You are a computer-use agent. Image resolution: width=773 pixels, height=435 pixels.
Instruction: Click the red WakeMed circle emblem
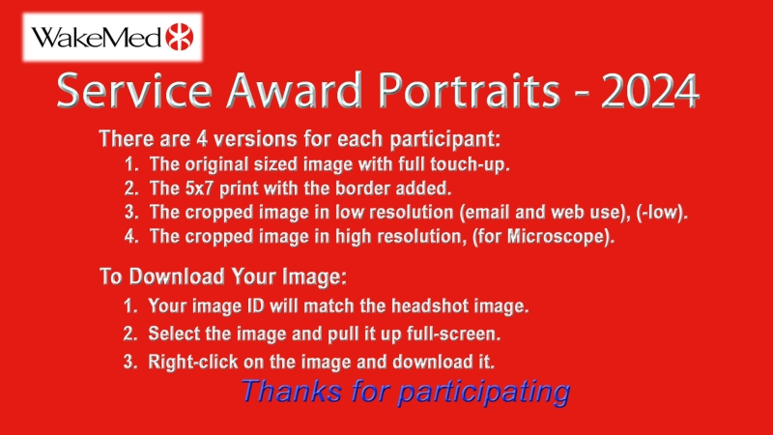click(x=180, y=37)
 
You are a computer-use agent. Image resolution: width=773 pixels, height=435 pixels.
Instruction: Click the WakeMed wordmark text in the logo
click(x=97, y=38)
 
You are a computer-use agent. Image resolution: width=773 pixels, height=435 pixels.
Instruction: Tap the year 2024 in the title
click(x=649, y=91)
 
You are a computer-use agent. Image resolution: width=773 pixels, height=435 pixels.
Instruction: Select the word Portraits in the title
click(x=470, y=91)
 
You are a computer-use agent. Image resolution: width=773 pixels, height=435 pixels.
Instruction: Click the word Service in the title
click(x=134, y=91)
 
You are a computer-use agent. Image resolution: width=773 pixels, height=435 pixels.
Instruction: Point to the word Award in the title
click(x=295, y=91)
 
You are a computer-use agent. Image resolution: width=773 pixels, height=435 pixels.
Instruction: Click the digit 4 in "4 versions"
click(x=202, y=139)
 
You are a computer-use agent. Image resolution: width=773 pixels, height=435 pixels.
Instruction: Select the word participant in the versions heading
click(x=444, y=139)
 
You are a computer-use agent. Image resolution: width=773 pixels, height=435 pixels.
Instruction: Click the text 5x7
click(x=200, y=188)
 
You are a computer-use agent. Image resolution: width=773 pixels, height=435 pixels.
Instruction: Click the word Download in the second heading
click(x=177, y=276)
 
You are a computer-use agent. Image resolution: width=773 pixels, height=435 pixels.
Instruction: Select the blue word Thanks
click(x=292, y=391)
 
